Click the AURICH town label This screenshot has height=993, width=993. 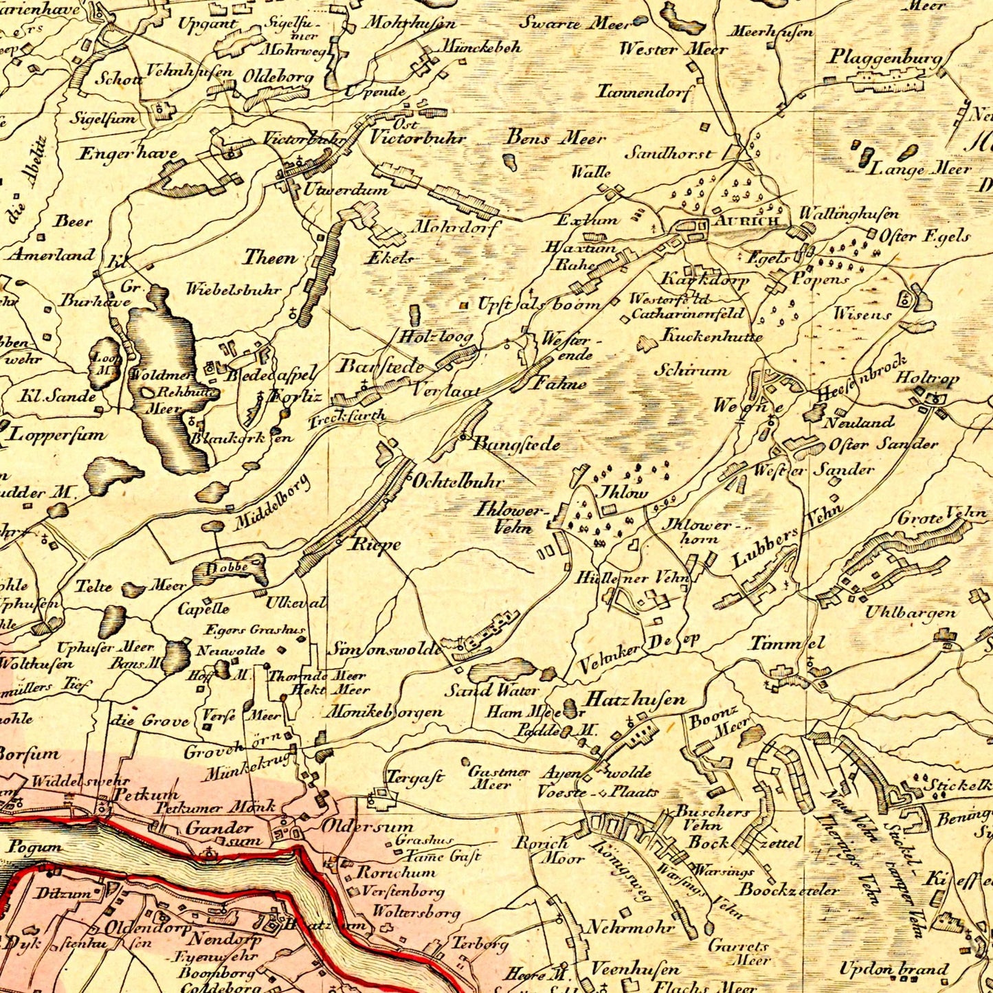tap(746, 221)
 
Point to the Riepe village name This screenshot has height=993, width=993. tap(375, 544)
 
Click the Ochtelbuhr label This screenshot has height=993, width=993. tap(458, 481)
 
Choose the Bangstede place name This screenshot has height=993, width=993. tap(515, 445)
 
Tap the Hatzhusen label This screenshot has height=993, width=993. tap(635, 700)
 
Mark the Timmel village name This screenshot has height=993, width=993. tap(786, 643)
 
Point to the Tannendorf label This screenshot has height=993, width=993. tap(646, 91)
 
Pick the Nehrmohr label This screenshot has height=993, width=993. tap(630, 927)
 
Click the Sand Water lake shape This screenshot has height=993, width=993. tap(504, 669)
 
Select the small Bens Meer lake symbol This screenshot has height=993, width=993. tap(511, 162)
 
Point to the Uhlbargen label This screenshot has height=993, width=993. tap(910, 612)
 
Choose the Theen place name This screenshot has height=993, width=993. tap(269, 258)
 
